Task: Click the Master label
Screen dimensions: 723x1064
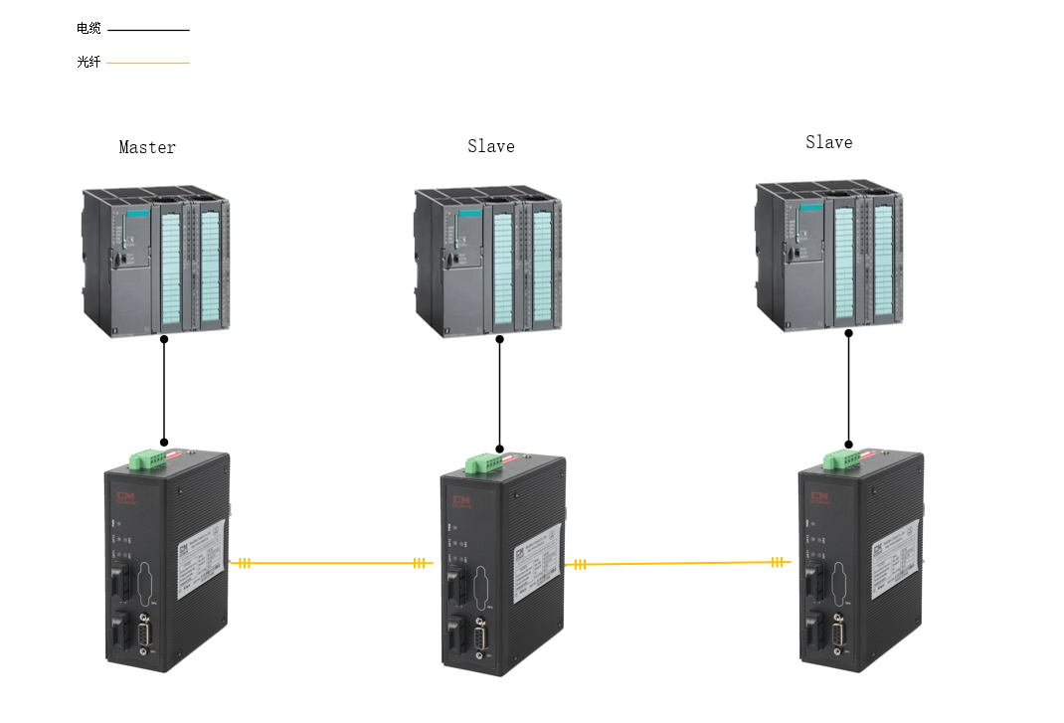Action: [x=147, y=147]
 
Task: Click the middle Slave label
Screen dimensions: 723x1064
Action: [x=491, y=146]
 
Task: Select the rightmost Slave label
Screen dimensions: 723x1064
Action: [x=828, y=142]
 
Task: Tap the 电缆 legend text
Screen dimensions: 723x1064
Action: [x=89, y=29]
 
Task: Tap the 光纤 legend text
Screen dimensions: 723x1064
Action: [x=89, y=62]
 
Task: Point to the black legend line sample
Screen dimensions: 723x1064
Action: [x=148, y=30]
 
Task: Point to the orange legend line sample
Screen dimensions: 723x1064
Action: [x=148, y=63]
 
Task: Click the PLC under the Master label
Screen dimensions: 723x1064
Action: [x=156, y=261]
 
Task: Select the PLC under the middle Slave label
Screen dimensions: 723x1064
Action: [x=488, y=261]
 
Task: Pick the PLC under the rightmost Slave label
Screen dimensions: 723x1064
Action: [x=828, y=257]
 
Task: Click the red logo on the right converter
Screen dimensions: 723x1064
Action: [x=820, y=496]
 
